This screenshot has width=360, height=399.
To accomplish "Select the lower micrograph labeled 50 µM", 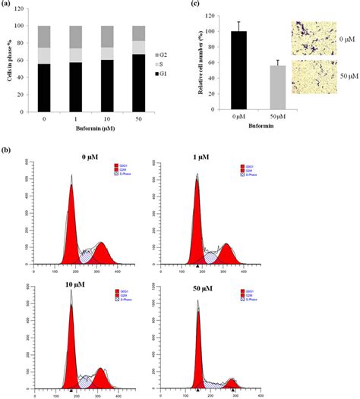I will [x=312, y=80].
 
